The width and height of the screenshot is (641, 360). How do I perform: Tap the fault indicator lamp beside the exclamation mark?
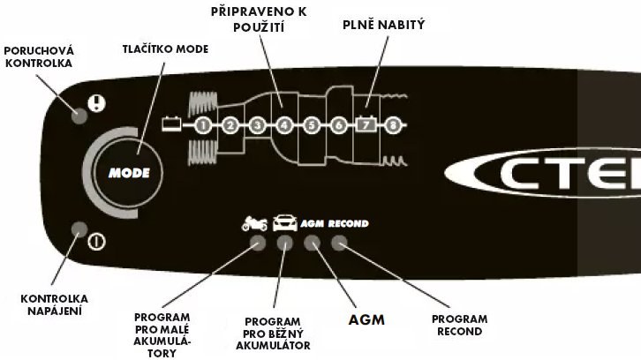click(x=80, y=114)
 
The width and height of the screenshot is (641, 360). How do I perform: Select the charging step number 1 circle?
click(x=203, y=125)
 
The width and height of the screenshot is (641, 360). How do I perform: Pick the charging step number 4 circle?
click(x=284, y=125)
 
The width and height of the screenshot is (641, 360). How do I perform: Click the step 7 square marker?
click(x=366, y=124)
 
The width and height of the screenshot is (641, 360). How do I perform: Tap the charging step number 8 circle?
click(x=393, y=125)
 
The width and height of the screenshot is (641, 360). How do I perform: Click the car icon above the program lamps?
click(x=284, y=223)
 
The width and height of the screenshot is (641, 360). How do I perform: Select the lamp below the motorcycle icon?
click(x=257, y=244)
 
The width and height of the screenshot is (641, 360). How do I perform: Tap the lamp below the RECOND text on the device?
click(x=339, y=244)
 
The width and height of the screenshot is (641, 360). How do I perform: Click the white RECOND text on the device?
click(x=348, y=224)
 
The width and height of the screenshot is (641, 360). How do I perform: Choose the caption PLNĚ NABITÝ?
click(x=384, y=26)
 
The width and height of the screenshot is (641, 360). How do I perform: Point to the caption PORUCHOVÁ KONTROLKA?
click(x=39, y=56)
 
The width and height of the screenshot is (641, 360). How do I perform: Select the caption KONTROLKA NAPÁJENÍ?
click(x=50, y=304)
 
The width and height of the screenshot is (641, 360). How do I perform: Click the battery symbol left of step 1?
click(x=171, y=124)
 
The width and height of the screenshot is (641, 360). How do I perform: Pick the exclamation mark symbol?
click(x=97, y=103)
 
